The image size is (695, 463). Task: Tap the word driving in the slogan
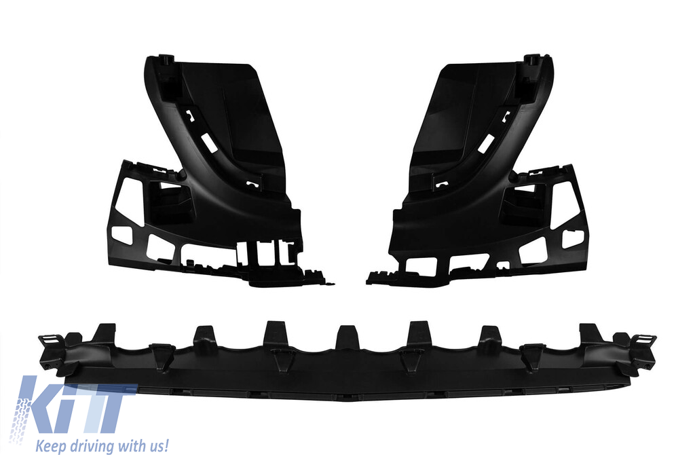pos(86,446)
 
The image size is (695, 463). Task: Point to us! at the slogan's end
pos(155,446)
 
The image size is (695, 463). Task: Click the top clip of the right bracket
pos(531,60)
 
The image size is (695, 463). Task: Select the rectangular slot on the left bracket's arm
pos(207,142)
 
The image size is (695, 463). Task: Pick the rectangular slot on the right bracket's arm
pos(486,142)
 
